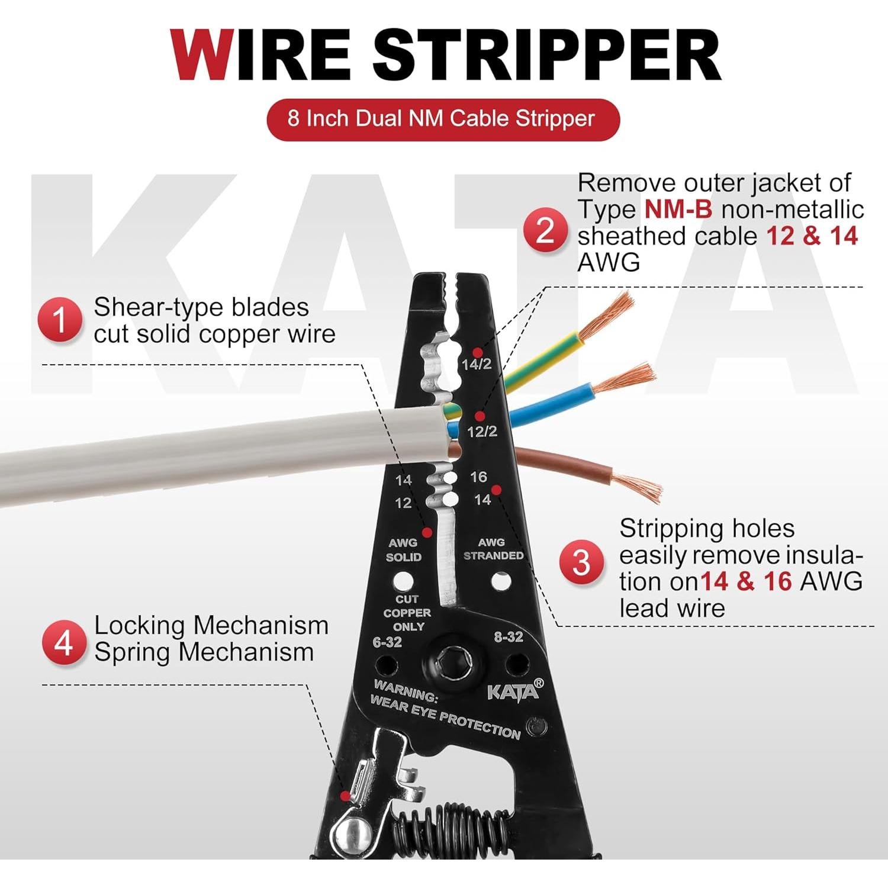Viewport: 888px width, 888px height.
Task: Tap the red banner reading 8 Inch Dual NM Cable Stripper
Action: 442,119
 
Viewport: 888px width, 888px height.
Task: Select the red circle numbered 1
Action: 60,320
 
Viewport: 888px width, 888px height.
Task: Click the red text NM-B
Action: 678,210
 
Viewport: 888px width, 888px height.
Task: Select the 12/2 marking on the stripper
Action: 482,432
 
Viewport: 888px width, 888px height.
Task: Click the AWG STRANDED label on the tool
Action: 493,549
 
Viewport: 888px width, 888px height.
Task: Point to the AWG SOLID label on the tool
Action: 403,550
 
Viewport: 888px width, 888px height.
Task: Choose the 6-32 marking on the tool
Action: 388,642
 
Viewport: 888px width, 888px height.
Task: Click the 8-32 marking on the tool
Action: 509,637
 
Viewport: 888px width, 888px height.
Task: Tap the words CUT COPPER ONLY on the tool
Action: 407,613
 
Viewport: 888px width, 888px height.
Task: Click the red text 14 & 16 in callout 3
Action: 746,581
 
